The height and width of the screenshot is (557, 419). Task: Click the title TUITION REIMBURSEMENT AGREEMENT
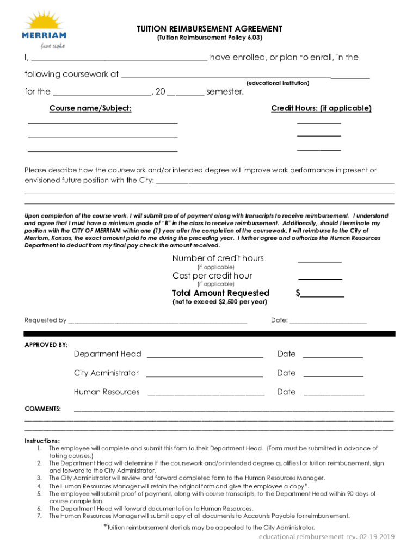209,29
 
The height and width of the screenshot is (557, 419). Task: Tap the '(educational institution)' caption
278,83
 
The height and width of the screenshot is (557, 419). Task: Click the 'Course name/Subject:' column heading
90,108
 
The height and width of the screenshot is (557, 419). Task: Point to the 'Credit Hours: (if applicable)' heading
321,108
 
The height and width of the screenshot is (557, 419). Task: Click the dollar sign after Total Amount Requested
298,293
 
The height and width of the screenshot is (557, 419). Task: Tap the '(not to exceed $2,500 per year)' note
219,302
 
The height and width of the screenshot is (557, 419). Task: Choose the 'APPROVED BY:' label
46,345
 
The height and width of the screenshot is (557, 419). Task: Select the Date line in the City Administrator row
333,376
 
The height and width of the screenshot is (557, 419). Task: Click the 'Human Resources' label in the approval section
107,392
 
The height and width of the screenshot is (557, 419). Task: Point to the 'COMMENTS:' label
43,409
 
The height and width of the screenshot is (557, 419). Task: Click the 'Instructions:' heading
42,441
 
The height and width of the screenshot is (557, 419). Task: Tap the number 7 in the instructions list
40,516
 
